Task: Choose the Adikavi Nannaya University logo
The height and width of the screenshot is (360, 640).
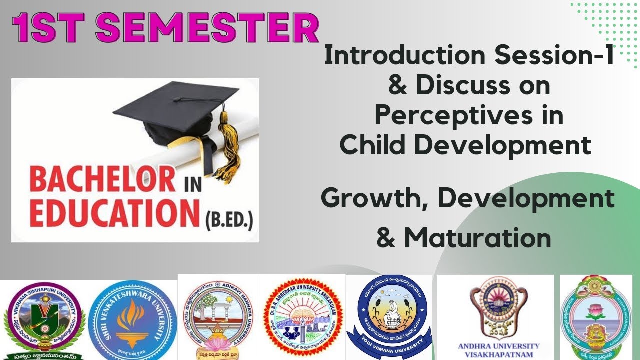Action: pyautogui.click(x=218, y=317)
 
